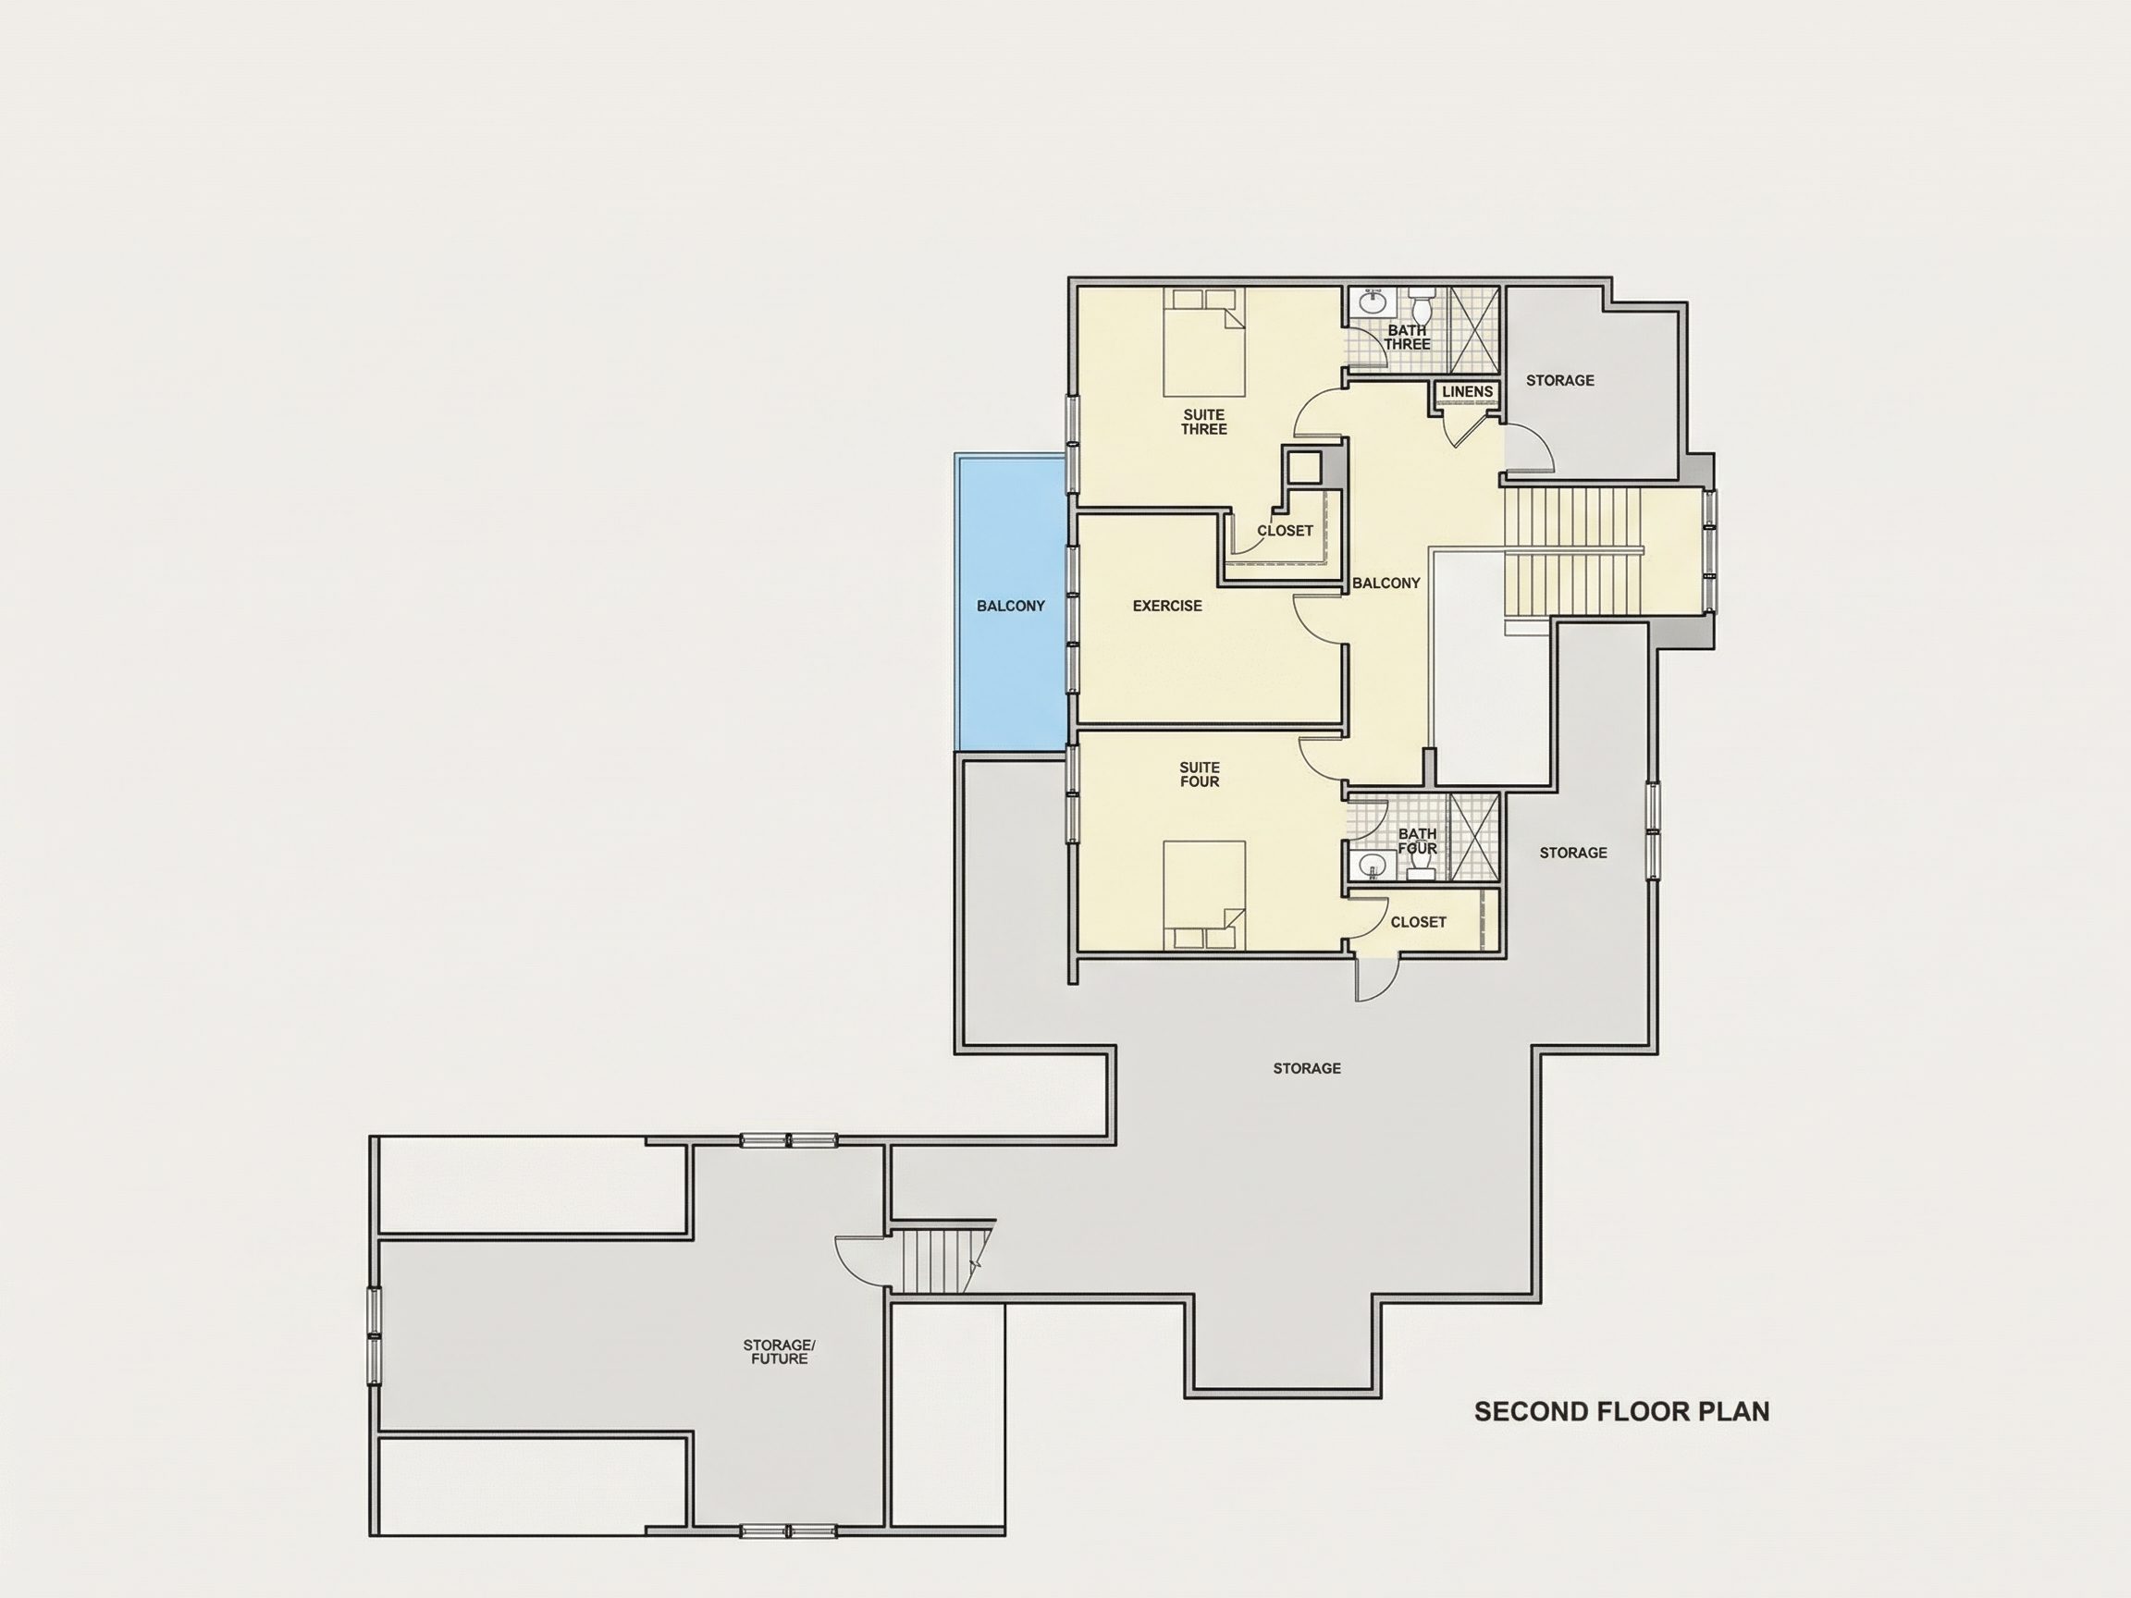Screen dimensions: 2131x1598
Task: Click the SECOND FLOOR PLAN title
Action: pyautogui.click(x=1621, y=1412)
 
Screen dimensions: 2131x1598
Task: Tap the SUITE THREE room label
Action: pyautogui.click(x=1204, y=422)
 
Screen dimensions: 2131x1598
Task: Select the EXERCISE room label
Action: pyautogui.click(x=1166, y=606)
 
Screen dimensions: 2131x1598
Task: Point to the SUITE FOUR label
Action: pyautogui.click(x=1200, y=774)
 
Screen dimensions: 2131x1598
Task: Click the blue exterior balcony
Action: pyautogui.click(x=1011, y=602)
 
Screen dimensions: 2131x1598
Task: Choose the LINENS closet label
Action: pyautogui.click(x=1467, y=392)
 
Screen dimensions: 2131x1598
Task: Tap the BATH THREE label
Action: pyautogui.click(x=1408, y=338)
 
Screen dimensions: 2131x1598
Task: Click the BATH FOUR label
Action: pyautogui.click(x=1417, y=841)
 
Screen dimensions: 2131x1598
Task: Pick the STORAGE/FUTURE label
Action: pyautogui.click(x=780, y=1351)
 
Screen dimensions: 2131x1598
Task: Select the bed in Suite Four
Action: pyautogui.click(x=1204, y=896)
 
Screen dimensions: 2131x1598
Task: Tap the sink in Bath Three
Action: pyautogui.click(x=1372, y=302)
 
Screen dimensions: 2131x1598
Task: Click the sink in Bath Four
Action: pyautogui.click(x=1372, y=866)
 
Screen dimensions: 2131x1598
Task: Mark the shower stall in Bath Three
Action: pyautogui.click(x=1475, y=329)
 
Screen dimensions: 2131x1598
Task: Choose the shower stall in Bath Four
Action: pyautogui.click(x=1475, y=837)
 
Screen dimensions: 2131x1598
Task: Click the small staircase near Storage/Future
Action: pyautogui.click(x=940, y=1260)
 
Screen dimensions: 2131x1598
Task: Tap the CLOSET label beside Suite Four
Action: pyautogui.click(x=1418, y=922)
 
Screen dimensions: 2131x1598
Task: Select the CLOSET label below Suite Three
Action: pyautogui.click(x=1285, y=531)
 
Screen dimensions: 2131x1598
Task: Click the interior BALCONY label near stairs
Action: pyautogui.click(x=1386, y=583)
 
